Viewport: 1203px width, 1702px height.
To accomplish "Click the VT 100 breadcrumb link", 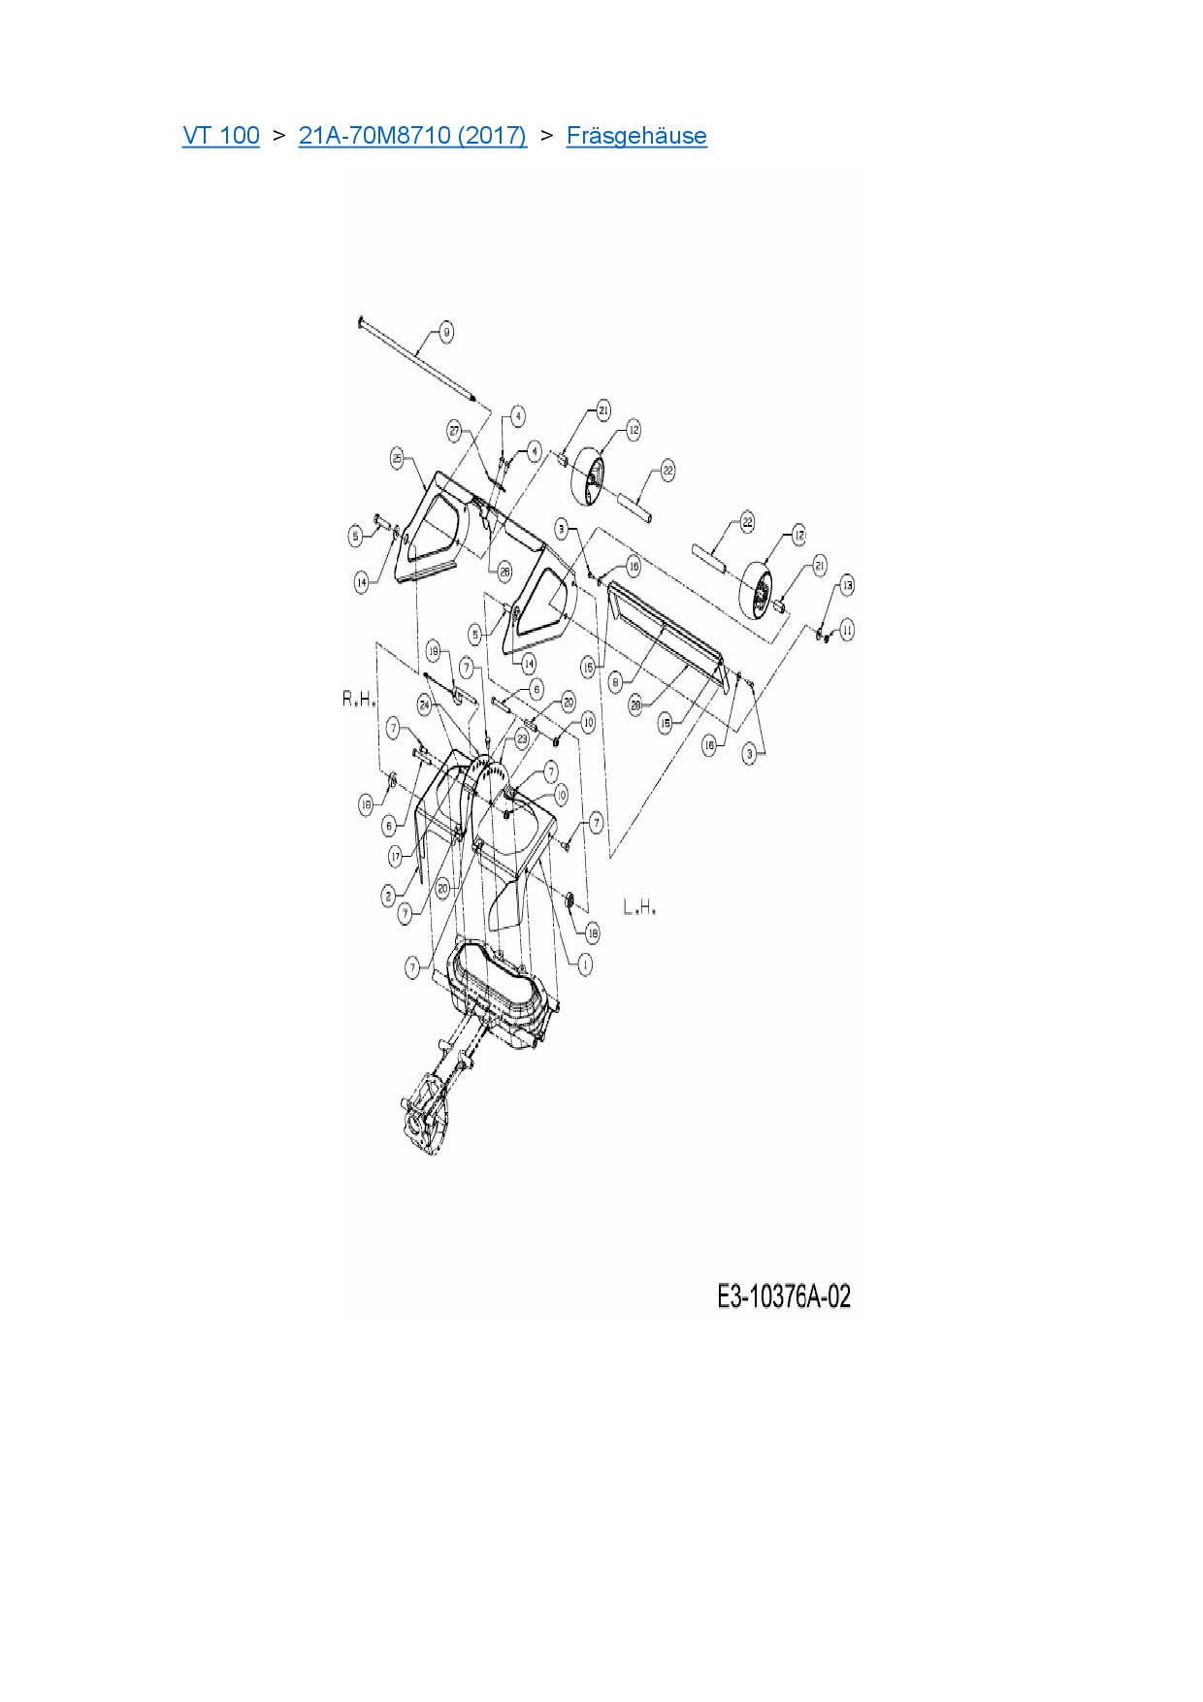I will pyautogui.click(x=221, y=136).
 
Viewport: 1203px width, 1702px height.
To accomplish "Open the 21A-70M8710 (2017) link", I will pyautogui.click(x=412, y=136).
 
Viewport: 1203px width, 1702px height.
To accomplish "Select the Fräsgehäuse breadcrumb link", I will pyautogui.click(x=636, y=136).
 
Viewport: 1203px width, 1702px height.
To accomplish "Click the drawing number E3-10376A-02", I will pyautogui.click(x=784, y=1296).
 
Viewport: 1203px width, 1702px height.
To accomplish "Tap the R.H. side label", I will pyautogui.click(x=358, y=699).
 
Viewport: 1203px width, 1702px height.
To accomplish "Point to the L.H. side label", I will pyautogui.click(x=639, y=907).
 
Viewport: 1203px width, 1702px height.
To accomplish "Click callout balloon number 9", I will pyautogui.click(x=446, y=333).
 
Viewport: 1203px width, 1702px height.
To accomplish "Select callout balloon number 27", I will pyautogui.click(x=454, y=430).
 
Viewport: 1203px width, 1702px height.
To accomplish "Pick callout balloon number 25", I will pyautogui.click(x=397, y=458).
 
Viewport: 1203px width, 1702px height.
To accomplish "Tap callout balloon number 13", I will pyautogui.click(x=847, y=585).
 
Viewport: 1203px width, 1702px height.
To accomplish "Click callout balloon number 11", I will pyautogui.click(x=847, y=631).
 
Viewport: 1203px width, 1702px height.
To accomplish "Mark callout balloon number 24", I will pyautogui.click(x=425, y=704).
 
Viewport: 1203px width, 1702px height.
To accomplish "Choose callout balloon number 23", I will pyautogui.click(x=522, y=739).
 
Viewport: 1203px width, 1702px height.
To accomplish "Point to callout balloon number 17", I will pyautogui.click(x=396, y=856).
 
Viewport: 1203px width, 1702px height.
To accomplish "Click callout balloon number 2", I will pyautogui.click(x=388, y=897).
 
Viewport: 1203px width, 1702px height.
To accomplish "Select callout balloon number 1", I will pyautogui.click(x=585, y=964).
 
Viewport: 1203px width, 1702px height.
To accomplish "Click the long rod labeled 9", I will pyautogui.click(x=417, y=358).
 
